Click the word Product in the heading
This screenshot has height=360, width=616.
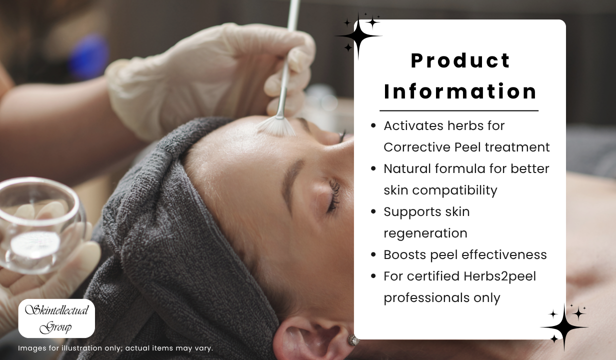coord(460,61)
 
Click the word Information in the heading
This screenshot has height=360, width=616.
coord(460,91)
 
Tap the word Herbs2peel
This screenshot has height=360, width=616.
coord(499,276)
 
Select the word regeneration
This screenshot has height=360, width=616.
coord(425,233)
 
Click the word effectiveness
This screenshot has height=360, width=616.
coord(504,254)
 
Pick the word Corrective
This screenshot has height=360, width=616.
coord(417,147)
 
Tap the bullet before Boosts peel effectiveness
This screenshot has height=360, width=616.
coord(373,254)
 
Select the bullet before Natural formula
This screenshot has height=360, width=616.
coord(373,168)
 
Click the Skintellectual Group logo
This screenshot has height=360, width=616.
coord(56,318)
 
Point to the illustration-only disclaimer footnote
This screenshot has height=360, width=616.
coord(115,348)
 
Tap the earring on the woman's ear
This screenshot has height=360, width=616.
coord(353,340)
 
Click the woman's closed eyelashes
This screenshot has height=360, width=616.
coord(334,195)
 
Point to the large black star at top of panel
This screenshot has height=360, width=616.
coord(358,36)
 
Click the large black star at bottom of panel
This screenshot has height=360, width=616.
coord(564,327)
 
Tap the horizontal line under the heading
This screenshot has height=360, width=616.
coord(459,111)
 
